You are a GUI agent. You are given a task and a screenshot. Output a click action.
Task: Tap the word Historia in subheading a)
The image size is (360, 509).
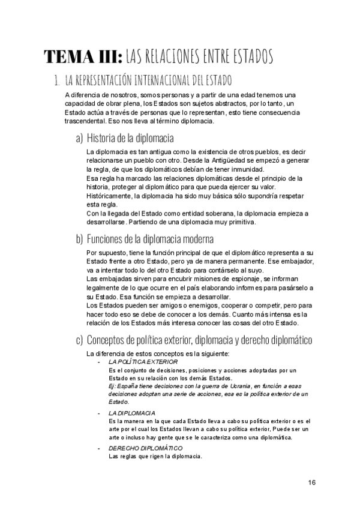(x=103, y=138)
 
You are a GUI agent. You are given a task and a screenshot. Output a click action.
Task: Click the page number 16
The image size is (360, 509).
(x=312, y=482)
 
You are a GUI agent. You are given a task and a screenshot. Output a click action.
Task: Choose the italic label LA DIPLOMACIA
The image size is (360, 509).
(x=131, y=413)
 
